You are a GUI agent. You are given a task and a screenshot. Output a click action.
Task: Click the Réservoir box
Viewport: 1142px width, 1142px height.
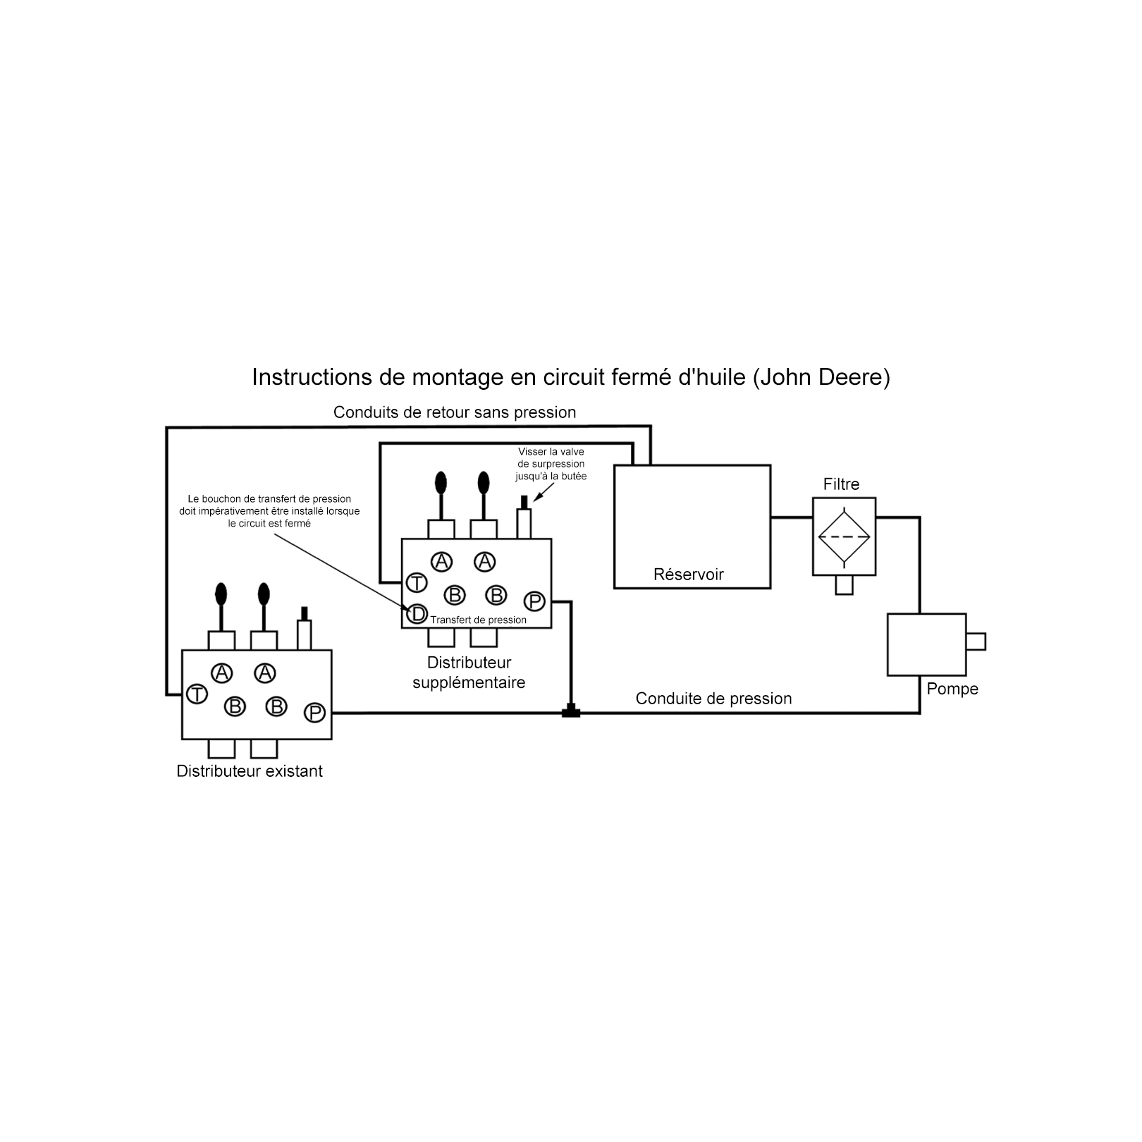[x=692, y=526]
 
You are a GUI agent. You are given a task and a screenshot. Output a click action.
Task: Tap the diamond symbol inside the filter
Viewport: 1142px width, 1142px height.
[x=844, y=536]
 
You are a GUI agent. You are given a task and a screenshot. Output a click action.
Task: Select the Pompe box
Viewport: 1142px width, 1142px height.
[x=926, y=644]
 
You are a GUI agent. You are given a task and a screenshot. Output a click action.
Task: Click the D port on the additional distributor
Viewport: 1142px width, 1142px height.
[x=417, y=614]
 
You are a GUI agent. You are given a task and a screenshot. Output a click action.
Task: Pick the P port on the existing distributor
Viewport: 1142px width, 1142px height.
[x=314, y=713]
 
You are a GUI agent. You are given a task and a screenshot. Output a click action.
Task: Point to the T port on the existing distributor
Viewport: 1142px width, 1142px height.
[x=197, y=694]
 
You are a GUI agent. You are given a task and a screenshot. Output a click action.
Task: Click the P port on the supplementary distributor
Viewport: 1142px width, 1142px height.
[x=534, y=601]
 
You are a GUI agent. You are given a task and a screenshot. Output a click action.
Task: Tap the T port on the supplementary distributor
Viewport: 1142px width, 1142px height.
[x=417, y=583]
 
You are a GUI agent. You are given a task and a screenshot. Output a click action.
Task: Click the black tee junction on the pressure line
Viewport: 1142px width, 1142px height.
[x=571, y=712]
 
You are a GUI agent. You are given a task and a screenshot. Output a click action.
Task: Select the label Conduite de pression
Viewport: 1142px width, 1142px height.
[x=713, y=699]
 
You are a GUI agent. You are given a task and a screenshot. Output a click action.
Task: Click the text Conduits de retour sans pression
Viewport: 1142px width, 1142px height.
[x=455, y=412]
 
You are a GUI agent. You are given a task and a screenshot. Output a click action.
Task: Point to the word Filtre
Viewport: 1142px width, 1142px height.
[x=841, y=484]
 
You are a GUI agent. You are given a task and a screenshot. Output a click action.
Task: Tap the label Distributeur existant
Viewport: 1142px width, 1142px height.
[x=250, y=771]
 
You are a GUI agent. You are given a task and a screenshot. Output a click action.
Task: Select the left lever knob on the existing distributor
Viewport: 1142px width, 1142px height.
[x=221, y=594]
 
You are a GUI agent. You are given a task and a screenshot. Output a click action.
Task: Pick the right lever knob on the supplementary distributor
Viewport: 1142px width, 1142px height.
[x=484, y=483]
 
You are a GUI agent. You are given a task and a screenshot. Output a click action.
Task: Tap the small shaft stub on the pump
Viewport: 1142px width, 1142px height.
[x=976, y=641]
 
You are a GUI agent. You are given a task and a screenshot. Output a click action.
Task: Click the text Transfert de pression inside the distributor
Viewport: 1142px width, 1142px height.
[x=478, y=620]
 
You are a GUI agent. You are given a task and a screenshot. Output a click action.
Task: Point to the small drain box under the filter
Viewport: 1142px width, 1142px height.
[x=844, y=585]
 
